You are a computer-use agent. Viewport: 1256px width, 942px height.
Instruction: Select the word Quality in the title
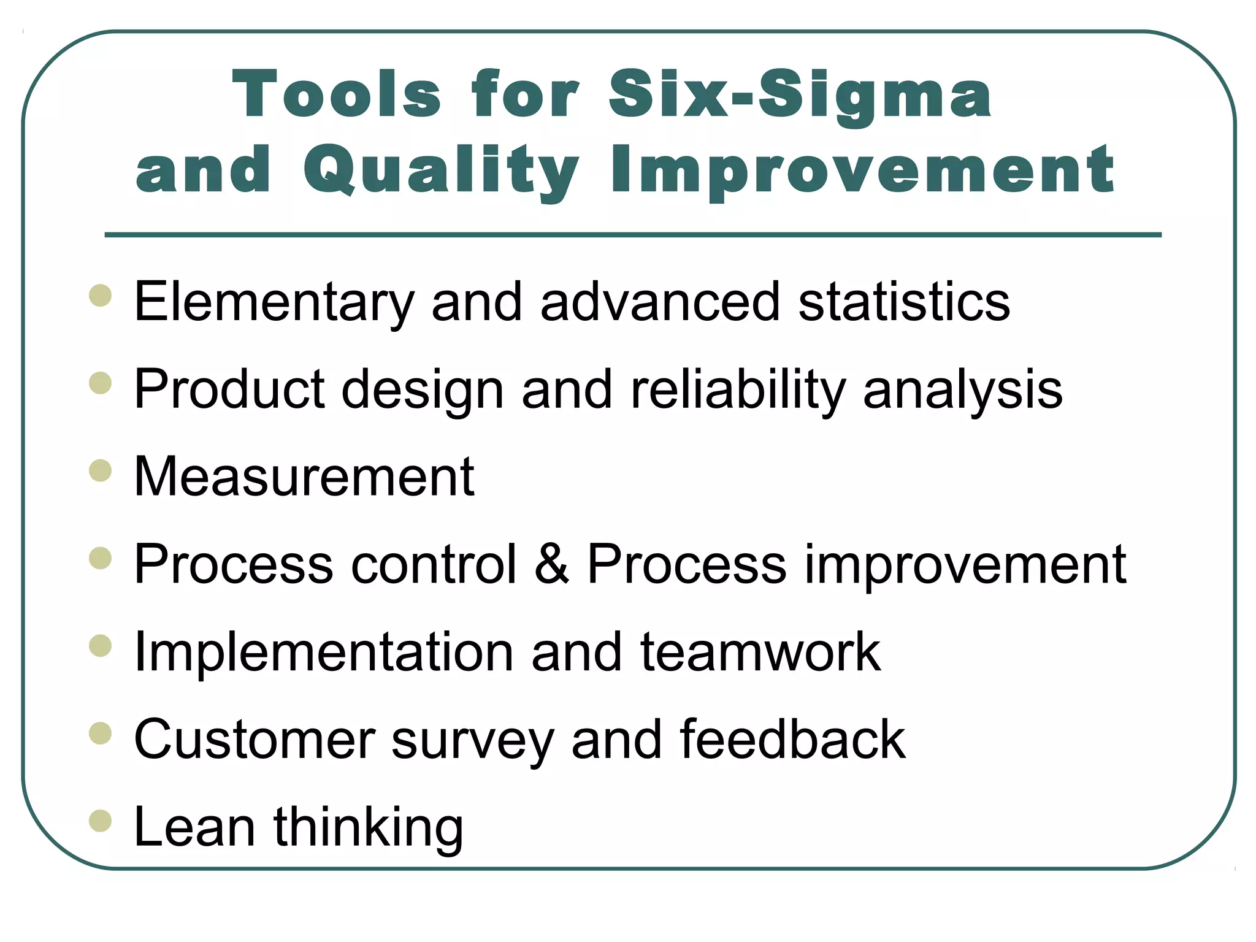click(441, 170)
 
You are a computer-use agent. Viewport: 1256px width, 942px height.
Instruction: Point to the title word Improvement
click(862, 170)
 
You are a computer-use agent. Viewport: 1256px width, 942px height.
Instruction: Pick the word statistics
click(904, 302)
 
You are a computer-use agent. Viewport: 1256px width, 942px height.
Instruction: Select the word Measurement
click(304, 477)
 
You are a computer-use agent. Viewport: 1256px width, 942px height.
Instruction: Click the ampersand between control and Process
click(551, 564)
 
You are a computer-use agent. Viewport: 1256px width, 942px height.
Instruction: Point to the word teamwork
click(760, 651)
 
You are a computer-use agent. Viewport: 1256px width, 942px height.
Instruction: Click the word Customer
click(255, 739)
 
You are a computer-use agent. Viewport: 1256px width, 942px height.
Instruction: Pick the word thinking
click(368, 827)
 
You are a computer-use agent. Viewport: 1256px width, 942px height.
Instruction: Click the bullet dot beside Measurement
click(100, 471)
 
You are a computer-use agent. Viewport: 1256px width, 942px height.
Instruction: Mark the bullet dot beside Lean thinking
click(100, 821)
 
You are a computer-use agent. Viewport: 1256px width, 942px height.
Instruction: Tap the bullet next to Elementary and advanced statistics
click(100, 296)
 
